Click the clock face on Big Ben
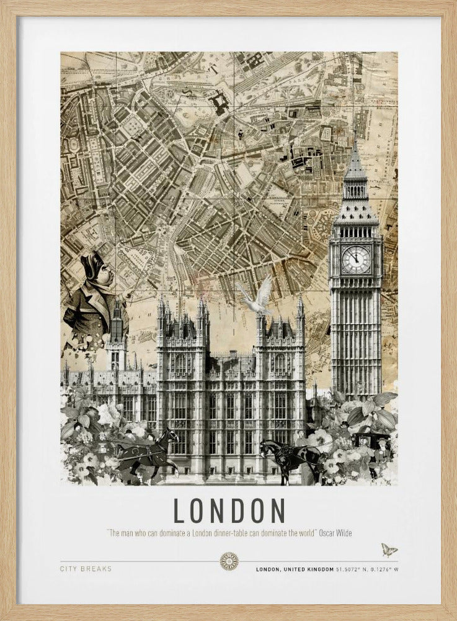356,260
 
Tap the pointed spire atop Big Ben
355,158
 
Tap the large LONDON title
229,510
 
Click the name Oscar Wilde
335,533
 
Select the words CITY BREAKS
86,568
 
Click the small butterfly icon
389,550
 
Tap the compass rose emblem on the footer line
229,561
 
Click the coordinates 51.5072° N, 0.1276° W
367,569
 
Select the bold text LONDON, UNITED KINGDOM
295,569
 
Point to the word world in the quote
306,533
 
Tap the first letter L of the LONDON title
179,510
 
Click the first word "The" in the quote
115,533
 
